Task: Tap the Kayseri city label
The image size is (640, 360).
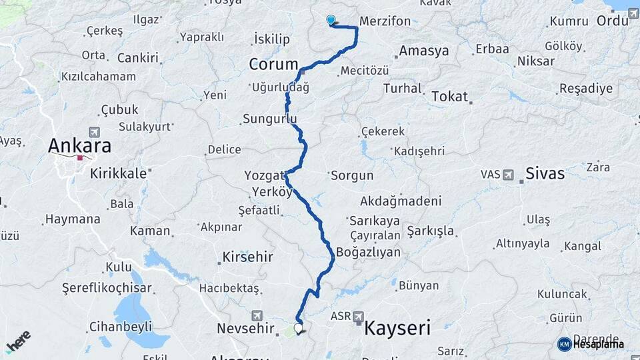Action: pos(397,327)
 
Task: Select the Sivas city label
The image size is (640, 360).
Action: pos(545,174)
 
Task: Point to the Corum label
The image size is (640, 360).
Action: pos(273,65)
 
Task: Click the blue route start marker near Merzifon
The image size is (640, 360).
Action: pos(331,20)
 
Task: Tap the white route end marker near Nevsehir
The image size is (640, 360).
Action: pos(298,327)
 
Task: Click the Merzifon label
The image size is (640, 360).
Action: pos(385,21)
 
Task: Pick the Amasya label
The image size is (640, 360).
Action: pos(424,51)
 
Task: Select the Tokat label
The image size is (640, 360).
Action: pos(450,96)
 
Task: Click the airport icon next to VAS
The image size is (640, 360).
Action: pos(509,175)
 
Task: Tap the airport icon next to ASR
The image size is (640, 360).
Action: pos(359,316)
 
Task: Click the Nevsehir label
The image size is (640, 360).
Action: pos(246,328)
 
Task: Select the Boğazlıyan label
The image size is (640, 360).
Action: pos(368,252)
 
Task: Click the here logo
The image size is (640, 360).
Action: pos(18,341)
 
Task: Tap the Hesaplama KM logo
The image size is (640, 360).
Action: pos(591,344)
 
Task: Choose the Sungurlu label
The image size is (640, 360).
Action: pos(269,119)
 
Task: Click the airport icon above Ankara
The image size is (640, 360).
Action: pos(93,132)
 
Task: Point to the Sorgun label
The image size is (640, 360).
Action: pos(352,175)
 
